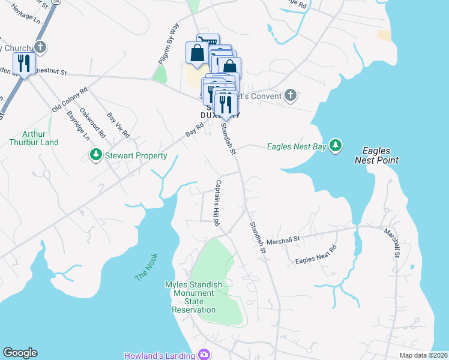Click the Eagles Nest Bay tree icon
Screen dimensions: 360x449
(x=336, y=146)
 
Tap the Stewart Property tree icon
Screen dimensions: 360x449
(x=95, y=156)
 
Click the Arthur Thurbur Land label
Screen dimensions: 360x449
(x=34, y=138)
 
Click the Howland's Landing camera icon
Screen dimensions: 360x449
(x=205, y=355)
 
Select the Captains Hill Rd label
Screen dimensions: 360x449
(x=216, y=202)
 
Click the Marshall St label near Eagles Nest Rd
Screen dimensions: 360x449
(x=284, y=239)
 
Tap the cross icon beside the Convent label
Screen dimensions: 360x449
(x=290, y=95)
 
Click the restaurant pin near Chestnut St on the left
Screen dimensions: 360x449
(x=24, y=62)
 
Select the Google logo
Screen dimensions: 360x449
(x=20, y=353)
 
